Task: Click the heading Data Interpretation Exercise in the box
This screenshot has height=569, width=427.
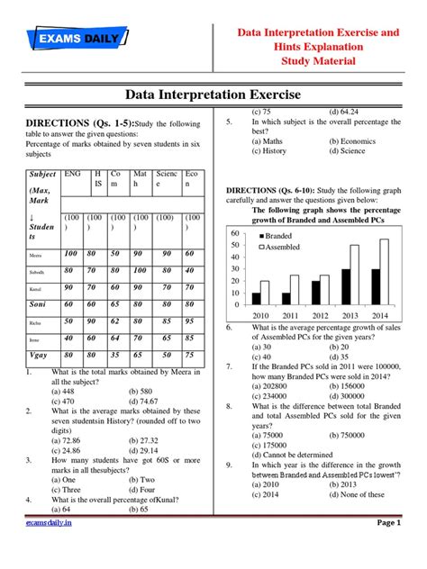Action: point(213,95)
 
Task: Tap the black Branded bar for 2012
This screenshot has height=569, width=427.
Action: point(315,293)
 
